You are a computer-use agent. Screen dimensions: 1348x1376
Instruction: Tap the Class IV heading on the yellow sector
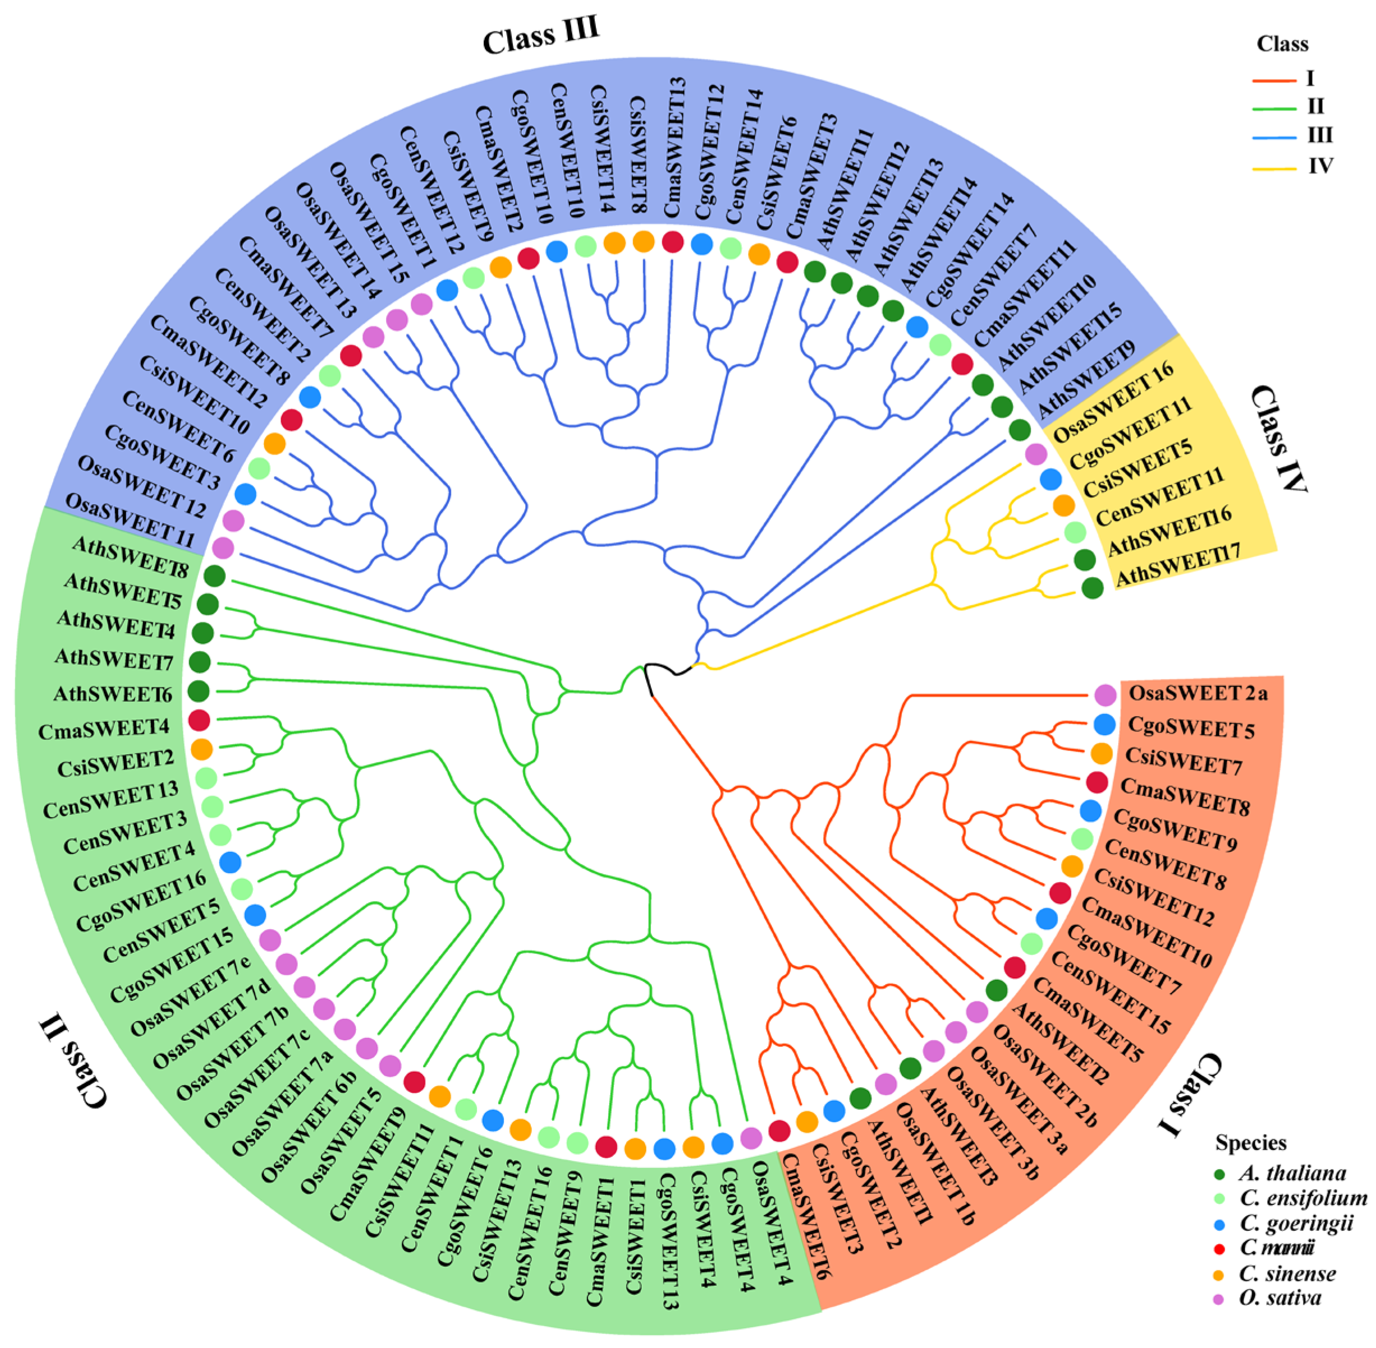tap(1279, 438)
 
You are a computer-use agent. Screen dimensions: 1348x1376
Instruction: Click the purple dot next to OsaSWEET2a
tap(1105, 695)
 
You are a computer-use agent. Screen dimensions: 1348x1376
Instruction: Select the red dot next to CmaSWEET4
tap(200, 721)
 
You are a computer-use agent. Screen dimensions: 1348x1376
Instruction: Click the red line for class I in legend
tap(1273, 80)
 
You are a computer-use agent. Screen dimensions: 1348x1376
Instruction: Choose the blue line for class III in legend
tap(1273, 137)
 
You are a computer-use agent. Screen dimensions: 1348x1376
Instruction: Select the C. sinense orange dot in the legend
tap(1219, 1275)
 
